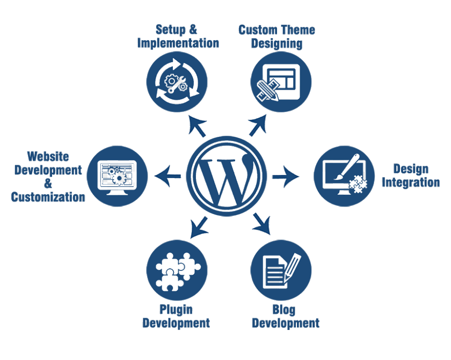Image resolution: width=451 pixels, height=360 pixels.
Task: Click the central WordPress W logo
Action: pos(228,175)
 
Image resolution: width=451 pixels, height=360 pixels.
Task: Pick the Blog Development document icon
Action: pos(281,270)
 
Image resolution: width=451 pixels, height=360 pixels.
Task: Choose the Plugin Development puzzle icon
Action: pos(177,270)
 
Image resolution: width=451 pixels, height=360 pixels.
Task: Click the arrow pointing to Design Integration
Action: pos(286,175)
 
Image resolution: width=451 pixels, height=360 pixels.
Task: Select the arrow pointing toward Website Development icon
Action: pos(168,175)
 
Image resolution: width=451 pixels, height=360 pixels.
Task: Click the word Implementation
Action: pos(178,43)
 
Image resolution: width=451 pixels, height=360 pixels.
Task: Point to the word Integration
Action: pos(411,182)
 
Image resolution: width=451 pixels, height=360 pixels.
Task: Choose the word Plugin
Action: pos(176,309)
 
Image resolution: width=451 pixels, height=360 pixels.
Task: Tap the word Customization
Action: pos(48,197)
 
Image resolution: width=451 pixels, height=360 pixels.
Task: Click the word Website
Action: pos(48,157)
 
